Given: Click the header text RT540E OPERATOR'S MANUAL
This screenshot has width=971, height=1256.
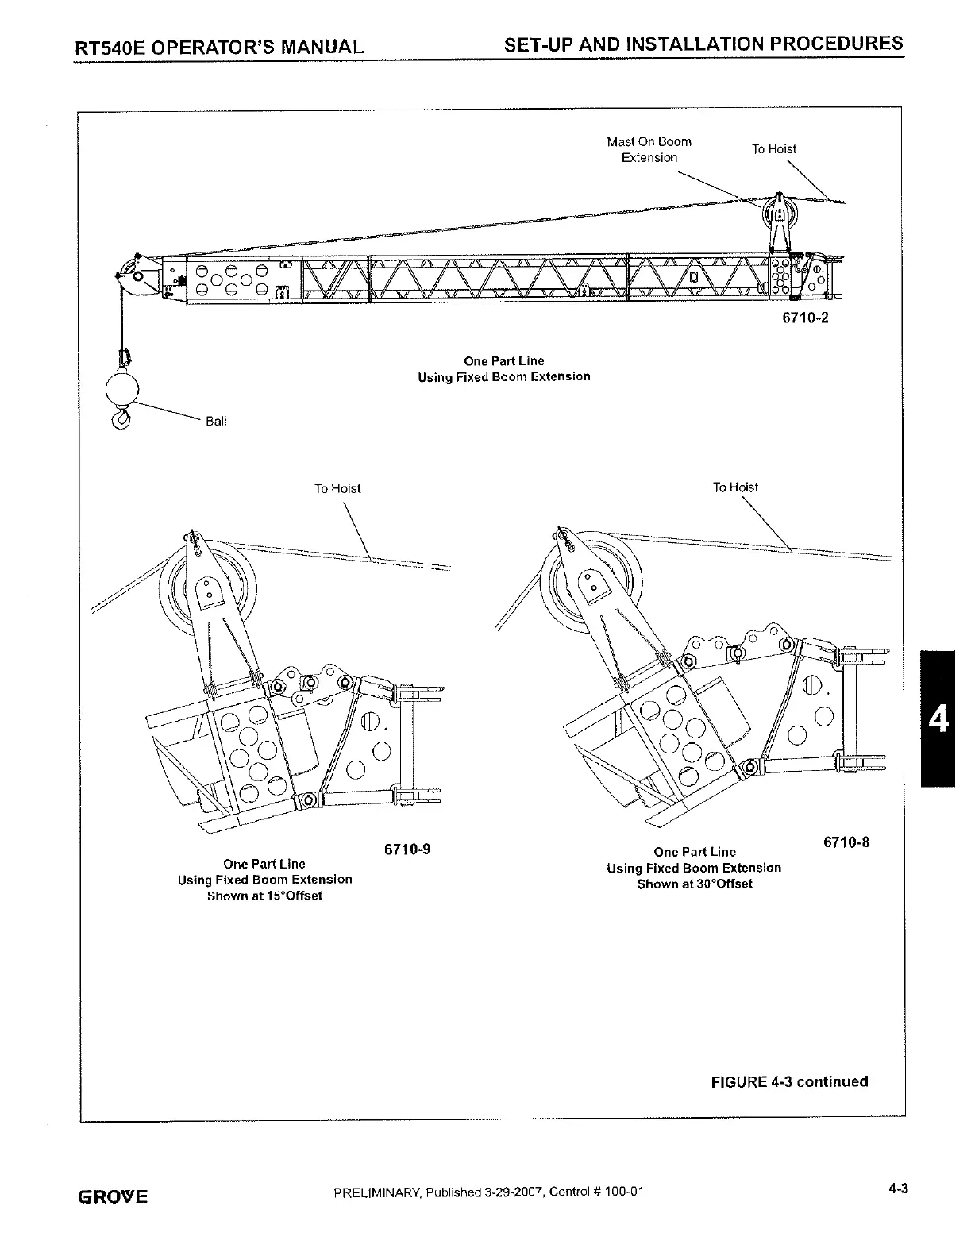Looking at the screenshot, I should tap(219, 46).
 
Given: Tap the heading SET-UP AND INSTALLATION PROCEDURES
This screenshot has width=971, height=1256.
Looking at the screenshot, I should tap(703, 43).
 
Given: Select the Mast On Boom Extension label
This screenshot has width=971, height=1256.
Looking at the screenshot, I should tap(649, 149).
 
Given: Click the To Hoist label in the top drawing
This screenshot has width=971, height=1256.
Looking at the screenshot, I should tap(774, 149).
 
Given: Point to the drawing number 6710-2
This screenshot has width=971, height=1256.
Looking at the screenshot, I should tap(805, 320).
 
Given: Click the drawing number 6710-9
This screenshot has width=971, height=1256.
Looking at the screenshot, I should tap(407, 850).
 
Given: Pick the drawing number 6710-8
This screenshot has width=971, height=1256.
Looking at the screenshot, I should tap(846, 842).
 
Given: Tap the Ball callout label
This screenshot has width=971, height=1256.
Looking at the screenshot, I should tap(215, 422).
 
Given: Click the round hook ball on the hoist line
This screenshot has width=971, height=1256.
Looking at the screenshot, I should tap(122, 389).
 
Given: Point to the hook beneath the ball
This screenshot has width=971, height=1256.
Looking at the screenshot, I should tap(121, 418).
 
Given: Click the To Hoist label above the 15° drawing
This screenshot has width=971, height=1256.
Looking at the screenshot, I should tap(337, 489).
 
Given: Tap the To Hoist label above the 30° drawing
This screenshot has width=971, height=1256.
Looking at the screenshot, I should tap(735, 487).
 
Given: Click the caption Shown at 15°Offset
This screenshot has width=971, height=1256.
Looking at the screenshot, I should tap(265, 896).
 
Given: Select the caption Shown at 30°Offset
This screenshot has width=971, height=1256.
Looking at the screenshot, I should tap(695, 884).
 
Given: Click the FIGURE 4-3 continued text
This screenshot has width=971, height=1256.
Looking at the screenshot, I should tap(789, 1081).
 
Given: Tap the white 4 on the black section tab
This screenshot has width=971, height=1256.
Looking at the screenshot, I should tap(938, 719).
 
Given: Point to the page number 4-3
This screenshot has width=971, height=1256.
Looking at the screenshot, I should tap(898, 1189).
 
